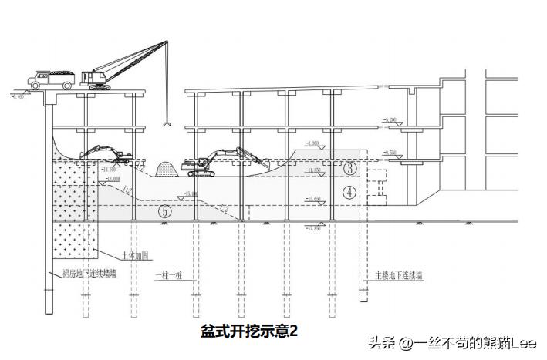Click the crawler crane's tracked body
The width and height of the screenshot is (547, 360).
(100, 79)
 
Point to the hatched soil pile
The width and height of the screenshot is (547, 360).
(165, 169)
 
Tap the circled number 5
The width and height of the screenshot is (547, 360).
(164, 210)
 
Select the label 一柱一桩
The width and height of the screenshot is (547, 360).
(167, 274)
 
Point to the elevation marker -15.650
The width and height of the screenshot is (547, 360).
(312, 199)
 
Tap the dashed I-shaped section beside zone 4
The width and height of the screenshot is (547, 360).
(379, 185)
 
